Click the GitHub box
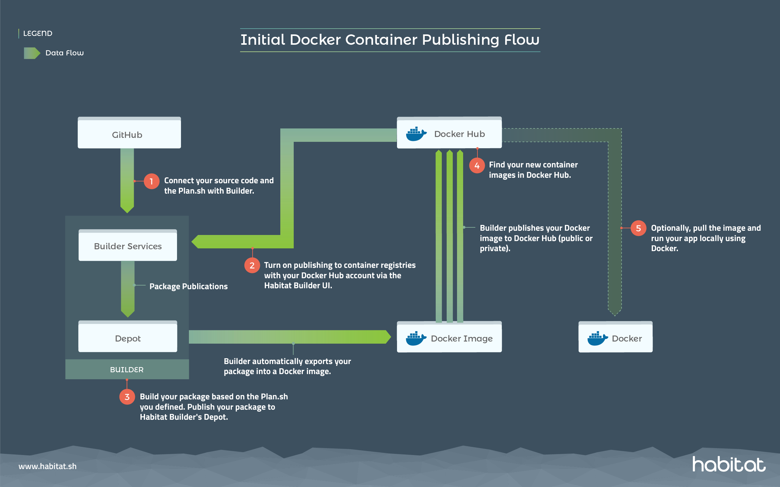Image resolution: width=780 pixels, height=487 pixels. pyautogui.click(x=129, y=133)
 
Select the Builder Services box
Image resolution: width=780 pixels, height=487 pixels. pyautogui.click(x=128, y=246)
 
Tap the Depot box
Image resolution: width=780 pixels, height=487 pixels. pyautogui.click(x=128, y=338)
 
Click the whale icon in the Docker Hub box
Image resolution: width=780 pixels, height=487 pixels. pyautogui.click(x=416, y=134)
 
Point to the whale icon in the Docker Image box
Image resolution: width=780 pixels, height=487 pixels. pyautogui.click(x=416, y=338)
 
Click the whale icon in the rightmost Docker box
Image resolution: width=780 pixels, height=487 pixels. pyautogui.click(x=597, y=338)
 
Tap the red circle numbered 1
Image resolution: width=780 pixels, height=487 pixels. pyautogui.click(x=151, y=181)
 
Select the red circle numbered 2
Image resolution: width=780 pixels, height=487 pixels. pyautogui.click(x=252, y=265)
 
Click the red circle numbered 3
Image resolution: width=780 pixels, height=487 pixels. pyautogui.click(x=127, y=397)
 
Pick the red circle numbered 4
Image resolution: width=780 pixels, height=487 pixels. pyautogui.click(x=477, y=166)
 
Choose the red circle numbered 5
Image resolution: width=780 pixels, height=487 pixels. pyautogui.click(x=638, y=228)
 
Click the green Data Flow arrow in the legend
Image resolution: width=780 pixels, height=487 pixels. pyautogui.click(x=32, y=53)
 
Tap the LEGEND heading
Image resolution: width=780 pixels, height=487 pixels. pyautogui.click(x=38, y=33)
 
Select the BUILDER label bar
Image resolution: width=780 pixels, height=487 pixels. pyautogui.click(x=127, y=370)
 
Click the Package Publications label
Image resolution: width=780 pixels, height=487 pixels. pyautogui.click(x=188, y=286)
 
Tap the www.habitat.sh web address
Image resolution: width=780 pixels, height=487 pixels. pyautogui.click(x=48, y=466)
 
